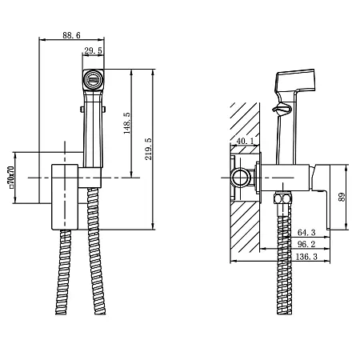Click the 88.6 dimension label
click(x=71, y=35)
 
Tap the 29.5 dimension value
click(x=93, y=50)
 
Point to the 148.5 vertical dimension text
click(x=127, y=123)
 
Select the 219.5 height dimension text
click(x=149, y=149)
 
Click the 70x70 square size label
click(x=11, y=178)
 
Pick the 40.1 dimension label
click(x=246, y=141)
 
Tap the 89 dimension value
click(x=342, y=197)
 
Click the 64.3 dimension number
click(x=306, y=233)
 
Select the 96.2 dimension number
click(x=306, y=244)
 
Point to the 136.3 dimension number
click(x=306, y=257)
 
